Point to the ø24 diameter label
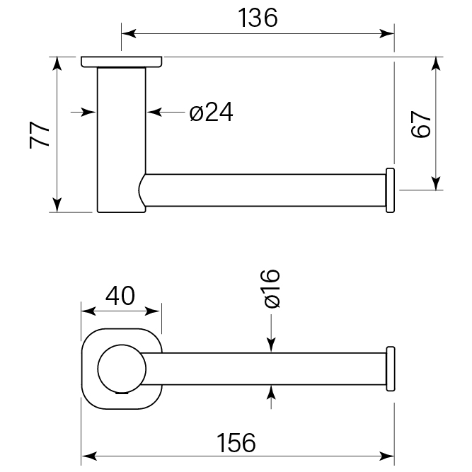(211, 112)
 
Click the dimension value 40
(121, 295)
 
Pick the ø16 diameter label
(272, 289)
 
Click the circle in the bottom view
(122, 368)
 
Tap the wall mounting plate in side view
(122, 62)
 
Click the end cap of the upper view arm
(389, 190)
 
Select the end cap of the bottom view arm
(389, 368)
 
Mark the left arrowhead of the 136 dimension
(128, 33)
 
